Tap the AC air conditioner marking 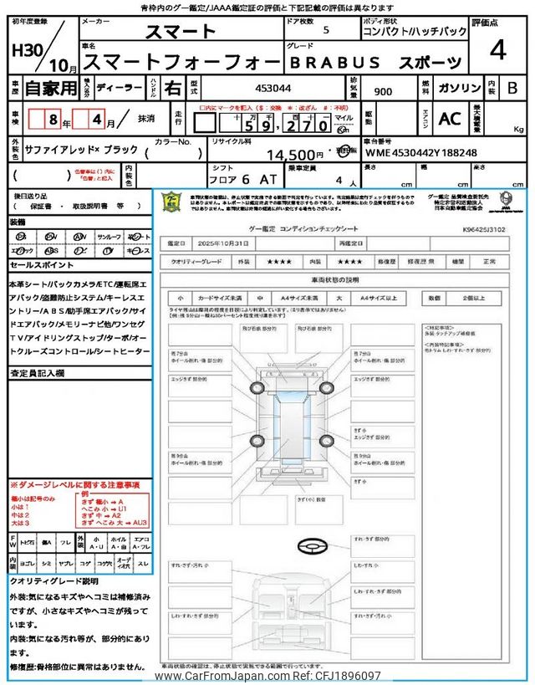point(450,118)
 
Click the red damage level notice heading point(74,485)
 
